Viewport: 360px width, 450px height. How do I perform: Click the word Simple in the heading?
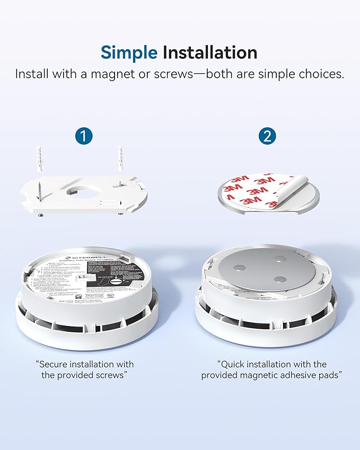129,52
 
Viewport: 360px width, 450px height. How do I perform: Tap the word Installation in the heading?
210,52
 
